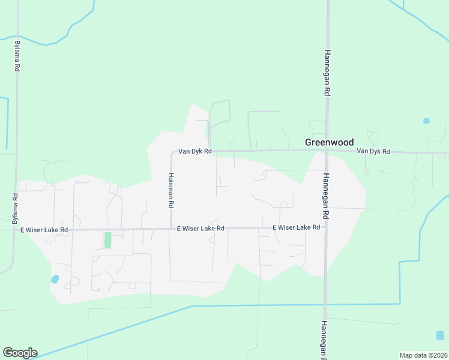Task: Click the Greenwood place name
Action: tap(329, 142)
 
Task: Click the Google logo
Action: tap(20, 353)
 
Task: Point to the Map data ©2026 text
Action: tap(423, 355)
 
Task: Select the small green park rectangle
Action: tap(108, 240)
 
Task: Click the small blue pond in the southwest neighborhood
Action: tap(55, 279)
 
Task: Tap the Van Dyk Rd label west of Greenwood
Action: tap(194, 152)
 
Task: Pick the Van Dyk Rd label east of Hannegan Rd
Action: tap(373, 152)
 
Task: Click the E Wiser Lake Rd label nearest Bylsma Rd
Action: tap(44, 230)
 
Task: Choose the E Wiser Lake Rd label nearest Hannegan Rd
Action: tap(297, 228)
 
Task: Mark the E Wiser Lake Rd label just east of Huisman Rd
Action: tap(200, 229)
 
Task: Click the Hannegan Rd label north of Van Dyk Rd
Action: tap(328, 73)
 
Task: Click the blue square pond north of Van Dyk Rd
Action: tap(426, 121)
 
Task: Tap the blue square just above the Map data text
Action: tap(440, 335)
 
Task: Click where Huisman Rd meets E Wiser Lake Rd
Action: tap(170, 229)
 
